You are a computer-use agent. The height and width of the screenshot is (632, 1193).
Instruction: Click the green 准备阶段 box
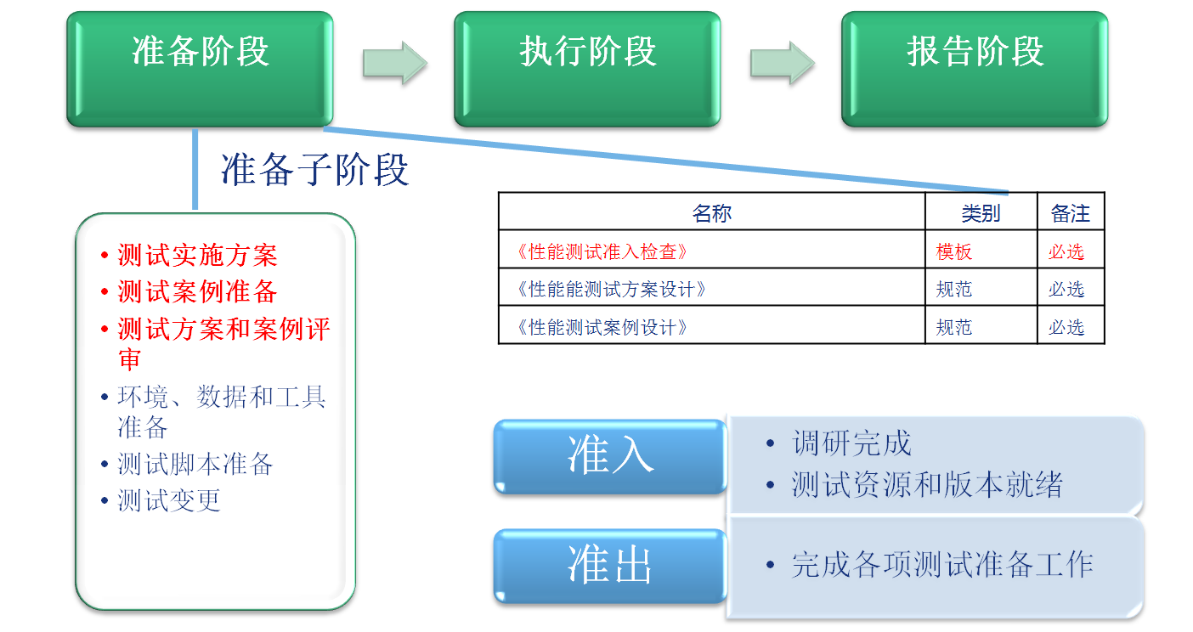[200, 69]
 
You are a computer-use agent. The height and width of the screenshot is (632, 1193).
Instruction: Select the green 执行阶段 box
[587, 69]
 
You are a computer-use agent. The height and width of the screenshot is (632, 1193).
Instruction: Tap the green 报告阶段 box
[975, 69]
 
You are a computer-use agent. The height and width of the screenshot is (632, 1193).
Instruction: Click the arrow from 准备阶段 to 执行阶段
[394, 63]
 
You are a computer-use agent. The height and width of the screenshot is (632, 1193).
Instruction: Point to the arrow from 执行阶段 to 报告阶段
[782, 63]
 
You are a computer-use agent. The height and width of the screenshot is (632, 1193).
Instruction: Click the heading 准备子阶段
[314, 169]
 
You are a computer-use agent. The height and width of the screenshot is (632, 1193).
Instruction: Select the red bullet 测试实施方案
[197, 255]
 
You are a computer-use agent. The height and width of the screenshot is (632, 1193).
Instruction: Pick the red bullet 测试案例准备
[197, 291]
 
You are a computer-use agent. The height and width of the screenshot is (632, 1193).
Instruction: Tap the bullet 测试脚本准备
[195, 464]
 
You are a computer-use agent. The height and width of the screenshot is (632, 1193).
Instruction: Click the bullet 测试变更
[169, 500]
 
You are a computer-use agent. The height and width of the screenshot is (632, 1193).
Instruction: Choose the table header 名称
[711, 213]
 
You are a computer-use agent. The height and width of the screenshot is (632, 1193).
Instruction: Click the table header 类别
[981, 213]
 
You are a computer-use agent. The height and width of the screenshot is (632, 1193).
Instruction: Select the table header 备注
[1070, 213]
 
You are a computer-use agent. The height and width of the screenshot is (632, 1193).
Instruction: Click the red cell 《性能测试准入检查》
[602, 251]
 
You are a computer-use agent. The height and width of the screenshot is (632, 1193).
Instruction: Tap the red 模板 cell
[954, 251]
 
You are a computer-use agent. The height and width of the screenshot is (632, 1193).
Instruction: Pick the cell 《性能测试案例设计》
[602, 327]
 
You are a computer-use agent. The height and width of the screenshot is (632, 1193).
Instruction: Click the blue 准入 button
[610, 457]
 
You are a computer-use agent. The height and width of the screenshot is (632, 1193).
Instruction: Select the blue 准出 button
[610, 566]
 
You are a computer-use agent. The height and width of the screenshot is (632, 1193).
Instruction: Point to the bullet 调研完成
[851, 443]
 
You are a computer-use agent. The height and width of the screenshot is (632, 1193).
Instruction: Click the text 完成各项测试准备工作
[942, 564]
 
